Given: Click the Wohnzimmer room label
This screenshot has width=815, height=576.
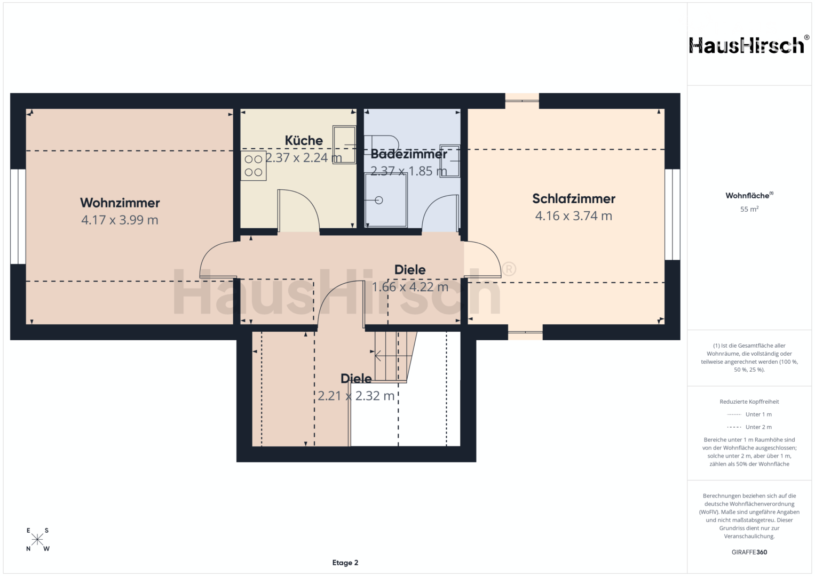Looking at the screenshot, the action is click(x=120, y=203).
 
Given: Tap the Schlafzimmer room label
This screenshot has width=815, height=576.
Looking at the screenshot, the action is click(x=573, y=198).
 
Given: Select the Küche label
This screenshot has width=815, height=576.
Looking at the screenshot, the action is click(x=304, y=140).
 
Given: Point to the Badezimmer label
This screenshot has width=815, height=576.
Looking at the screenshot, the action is click(x=409, y=154).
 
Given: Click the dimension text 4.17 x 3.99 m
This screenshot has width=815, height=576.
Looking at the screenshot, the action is click(x=120, y=220).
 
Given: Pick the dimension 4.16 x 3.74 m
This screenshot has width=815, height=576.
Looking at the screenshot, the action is click(x=573, y=216).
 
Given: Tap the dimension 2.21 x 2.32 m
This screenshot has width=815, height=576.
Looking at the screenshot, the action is click(x=356, y=396).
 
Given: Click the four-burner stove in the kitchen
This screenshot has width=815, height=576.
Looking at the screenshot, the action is click(x=253, y=166).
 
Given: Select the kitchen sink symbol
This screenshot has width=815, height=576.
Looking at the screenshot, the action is click(x=344, y=145).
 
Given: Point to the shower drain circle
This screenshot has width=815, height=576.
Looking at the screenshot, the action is click(x=379, y=200).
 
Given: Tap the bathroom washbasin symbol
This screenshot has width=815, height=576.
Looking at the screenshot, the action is click(x=450, y=161).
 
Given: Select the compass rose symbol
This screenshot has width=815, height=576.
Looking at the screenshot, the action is click(x=37, y=539).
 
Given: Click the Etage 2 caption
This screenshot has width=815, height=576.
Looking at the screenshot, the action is click(x=345, y=563).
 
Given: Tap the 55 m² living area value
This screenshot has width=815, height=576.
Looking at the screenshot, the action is click(x=749, y=209).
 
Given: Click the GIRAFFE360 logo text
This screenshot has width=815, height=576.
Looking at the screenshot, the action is click(x=749, y=552).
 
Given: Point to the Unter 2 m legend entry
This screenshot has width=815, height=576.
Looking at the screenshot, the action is click(x=749, y=427).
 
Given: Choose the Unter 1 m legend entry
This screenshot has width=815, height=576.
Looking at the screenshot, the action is click(x=749, y=414).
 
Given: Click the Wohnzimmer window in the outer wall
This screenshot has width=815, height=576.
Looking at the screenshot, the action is click(x=18, y=217).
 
